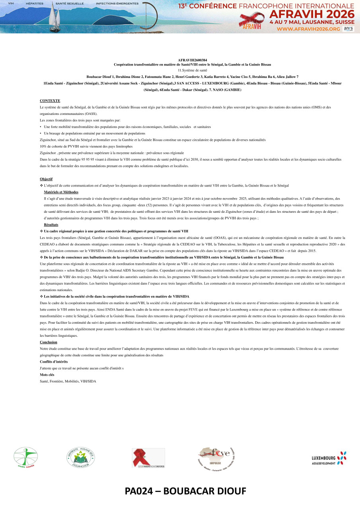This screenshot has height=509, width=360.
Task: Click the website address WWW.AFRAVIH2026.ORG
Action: [x=308, y=29]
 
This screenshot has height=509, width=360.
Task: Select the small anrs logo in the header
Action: [x=348, y=29]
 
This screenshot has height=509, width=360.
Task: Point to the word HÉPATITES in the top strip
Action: [x=35, y=3]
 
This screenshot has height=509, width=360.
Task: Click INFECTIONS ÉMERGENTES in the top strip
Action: [x=117, y=3]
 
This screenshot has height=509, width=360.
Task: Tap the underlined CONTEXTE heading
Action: [x=50, y=101]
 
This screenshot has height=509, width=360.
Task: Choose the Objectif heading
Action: [x=46, y=179]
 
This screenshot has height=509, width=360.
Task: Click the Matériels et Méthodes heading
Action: [x=61, y=192]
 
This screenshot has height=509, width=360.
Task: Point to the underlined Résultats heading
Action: [x=51, y=225]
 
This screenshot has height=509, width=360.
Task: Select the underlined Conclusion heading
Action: [x=49, y=342]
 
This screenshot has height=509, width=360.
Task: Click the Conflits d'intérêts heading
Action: [x=54, y=361]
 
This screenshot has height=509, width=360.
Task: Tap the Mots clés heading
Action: [x=47, y=375]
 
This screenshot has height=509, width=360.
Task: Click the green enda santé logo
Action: [x=26, y=457]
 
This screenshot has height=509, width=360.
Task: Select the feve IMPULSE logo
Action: [x=217, y=457]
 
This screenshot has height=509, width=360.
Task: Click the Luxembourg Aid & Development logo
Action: [x=329, y=458]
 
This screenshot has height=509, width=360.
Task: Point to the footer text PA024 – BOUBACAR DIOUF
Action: [x=185, y=492]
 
